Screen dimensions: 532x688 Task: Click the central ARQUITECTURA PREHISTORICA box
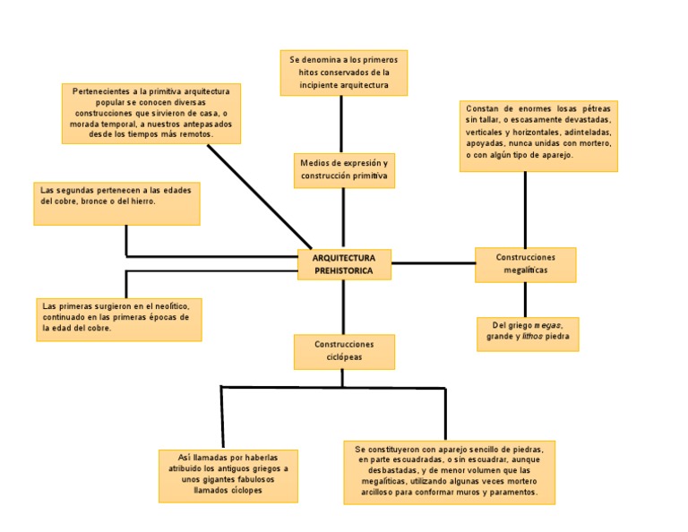click(344, 264)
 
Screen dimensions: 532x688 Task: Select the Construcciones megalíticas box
click(525, 264)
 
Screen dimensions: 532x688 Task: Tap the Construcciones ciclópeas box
click(344, 351)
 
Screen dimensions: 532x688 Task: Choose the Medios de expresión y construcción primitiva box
click(344, 170)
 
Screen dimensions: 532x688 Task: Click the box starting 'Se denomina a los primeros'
click(343, 73)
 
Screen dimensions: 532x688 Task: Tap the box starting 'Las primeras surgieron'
click(118, 319)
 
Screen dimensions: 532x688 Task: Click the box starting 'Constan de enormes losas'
click(538, 134)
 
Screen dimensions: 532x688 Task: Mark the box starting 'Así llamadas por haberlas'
click(228, 476)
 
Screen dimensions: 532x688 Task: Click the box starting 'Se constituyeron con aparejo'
click(450, 471)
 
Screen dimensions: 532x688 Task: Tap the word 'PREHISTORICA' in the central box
click(344, 270)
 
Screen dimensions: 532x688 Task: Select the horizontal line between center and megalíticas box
click(434, 263)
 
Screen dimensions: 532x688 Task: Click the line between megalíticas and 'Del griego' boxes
click(525, 299)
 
